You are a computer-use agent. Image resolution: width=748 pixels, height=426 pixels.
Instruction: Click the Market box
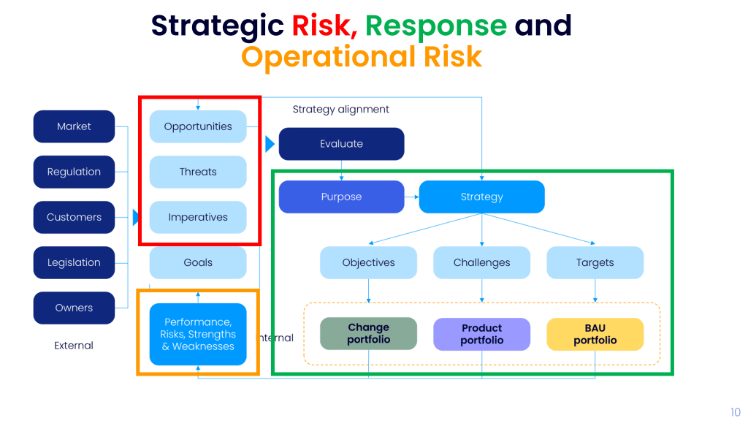click(74, 126)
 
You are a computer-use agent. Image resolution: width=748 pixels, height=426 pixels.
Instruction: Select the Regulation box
click(74, 172)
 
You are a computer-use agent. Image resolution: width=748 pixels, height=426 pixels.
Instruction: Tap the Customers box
click(74, 217)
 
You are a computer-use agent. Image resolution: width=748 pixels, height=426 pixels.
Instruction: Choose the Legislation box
click(74, 262)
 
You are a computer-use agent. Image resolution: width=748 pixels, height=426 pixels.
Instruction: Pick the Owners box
click(74, 308)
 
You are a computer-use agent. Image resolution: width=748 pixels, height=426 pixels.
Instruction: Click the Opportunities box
click(198, 126)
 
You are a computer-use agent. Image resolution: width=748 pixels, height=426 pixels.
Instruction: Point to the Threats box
click(198, 172)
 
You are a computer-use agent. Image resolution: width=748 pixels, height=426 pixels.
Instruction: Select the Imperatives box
click(198, 217)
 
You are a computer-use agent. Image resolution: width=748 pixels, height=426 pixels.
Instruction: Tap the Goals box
click(198, 262)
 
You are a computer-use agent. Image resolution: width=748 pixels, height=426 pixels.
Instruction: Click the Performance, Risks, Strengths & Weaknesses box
click(198, 334)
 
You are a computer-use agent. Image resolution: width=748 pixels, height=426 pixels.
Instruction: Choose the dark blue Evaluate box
click(341, 144)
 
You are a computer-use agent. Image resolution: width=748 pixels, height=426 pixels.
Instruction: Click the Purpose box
click(341, 197)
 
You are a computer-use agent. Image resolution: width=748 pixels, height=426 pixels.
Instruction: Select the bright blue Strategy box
click(481, 197)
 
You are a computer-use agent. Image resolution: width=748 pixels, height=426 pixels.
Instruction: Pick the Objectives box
click(368, 262)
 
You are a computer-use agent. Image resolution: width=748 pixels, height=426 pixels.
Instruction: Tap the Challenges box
click(481, 262)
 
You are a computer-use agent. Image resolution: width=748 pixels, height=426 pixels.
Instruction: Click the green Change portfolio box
click(368, 334)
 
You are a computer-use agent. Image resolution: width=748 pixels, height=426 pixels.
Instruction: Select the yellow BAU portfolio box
click(595, 334)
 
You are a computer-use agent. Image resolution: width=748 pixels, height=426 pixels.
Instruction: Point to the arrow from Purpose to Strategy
click(412, 197)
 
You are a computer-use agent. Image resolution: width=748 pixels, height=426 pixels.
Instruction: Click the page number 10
click(735, 412)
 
